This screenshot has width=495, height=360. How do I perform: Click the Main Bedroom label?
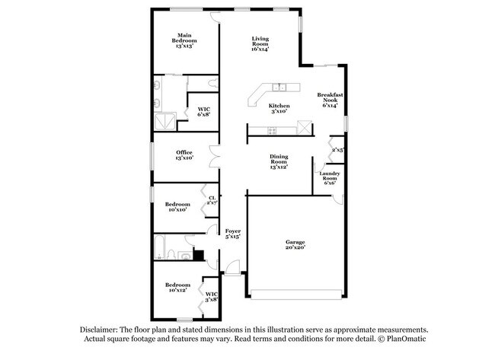point(184,40)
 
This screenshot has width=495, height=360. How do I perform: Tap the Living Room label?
point(260,44)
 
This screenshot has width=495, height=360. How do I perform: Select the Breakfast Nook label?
point(330,100)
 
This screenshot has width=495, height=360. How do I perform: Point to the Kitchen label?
point(279,108)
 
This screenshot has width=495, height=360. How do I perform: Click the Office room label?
point(184,155)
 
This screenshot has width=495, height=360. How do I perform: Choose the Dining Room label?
point(279,161)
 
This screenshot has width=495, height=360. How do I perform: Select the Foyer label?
point(232,234)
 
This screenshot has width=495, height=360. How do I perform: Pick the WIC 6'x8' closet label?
point(203,111)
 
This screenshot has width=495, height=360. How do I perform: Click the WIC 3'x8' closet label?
point(211,296)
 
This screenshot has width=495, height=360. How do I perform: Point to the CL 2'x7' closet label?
point(212,201)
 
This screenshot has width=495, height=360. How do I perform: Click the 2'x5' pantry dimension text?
point(338,150)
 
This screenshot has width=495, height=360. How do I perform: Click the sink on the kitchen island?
point(280,86)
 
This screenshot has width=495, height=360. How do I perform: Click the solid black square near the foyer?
point(199,256)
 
